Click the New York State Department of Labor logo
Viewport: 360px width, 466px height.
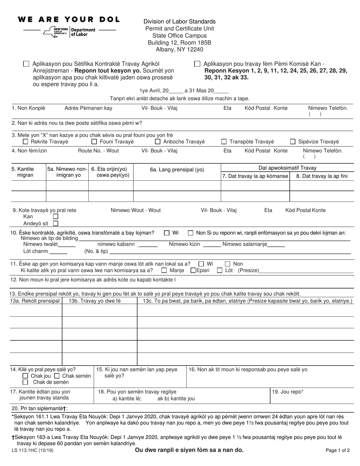(70, 32)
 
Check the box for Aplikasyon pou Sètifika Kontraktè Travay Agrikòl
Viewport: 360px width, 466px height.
(26, 64)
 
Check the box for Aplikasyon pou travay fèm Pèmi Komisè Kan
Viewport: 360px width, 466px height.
(197, 64)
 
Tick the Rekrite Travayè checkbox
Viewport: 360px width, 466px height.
(25, 142)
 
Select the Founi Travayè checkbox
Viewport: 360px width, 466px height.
(94, 142)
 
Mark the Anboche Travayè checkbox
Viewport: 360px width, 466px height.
(158, 142)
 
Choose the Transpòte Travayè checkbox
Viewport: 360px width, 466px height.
(224, 142)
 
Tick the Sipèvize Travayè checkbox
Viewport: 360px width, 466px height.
(293, 142)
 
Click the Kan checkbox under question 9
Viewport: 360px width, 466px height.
(56, 216)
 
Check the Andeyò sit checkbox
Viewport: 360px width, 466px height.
(56, 224)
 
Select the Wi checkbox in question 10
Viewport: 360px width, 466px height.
(167, 233)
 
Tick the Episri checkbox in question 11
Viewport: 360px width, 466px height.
(193, 271)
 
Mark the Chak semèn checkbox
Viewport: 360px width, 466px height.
(57, 376)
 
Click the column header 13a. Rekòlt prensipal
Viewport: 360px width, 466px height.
(35, 301)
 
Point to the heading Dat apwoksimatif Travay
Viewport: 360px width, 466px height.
(287, 168)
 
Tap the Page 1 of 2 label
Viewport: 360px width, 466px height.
(338, 451)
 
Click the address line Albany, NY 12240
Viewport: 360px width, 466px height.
(179, 49)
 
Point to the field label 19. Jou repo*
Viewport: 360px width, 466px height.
(288, 392)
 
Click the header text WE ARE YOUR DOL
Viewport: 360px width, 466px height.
(69, 19)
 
